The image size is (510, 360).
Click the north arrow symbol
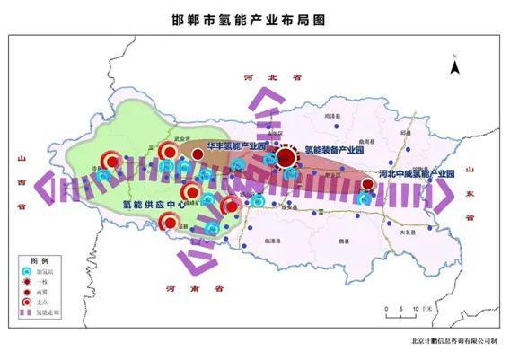click(x=455, y=65)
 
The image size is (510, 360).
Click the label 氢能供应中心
click(x=155, y=205)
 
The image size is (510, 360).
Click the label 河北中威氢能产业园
click(x=415, y=172)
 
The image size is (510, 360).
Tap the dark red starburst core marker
click(x=286, y=158)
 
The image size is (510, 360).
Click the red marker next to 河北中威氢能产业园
click(x=367, y=185)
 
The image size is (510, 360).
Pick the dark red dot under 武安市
click(x=198, y=155)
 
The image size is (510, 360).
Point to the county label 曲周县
click(x=365, y=141)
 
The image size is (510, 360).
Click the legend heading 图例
click(x=39, y=258)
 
